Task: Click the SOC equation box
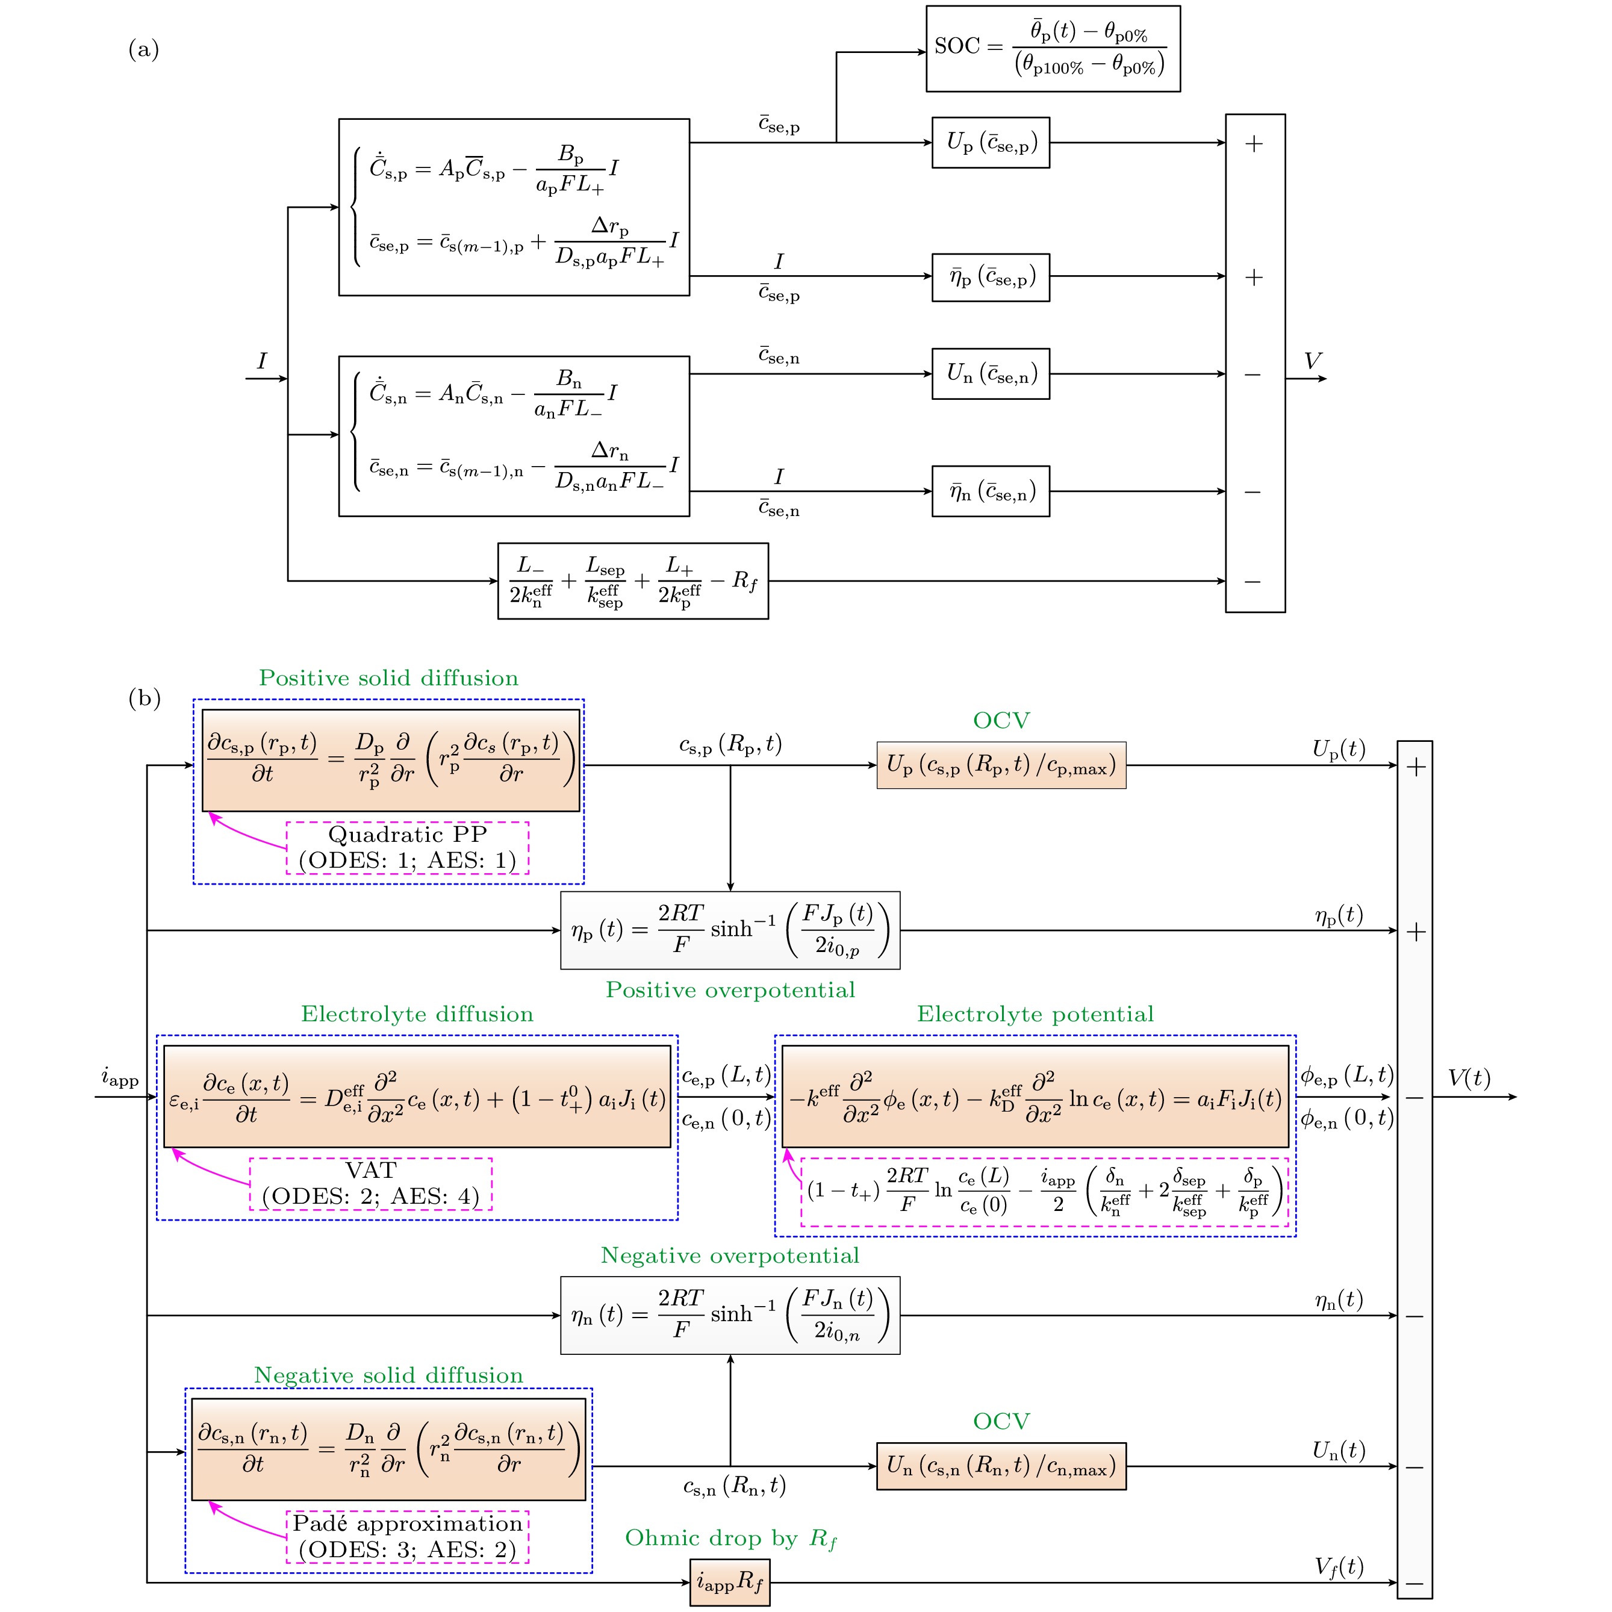(1053, 48)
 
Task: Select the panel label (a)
(143, 50)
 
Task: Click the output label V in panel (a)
(1313, 361)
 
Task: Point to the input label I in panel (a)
(262, 361)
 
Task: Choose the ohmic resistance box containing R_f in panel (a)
(632, 580)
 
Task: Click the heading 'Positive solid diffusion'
(388, 677)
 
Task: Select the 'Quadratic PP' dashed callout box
(407, 848)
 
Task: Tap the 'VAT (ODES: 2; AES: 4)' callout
(370, 1183)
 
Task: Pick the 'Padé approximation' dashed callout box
(407, 1536)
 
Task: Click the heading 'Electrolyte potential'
(1035, 1014)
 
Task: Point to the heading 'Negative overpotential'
(729, 1256)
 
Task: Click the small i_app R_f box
(729, 1581)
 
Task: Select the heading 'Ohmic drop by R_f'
(730, 1539)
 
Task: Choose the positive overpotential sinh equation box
(729, 930)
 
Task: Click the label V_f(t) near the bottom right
(1339, 1567)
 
